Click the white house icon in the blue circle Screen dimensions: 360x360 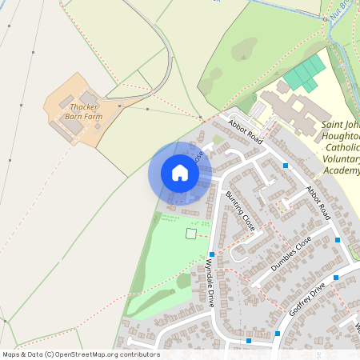[180, 173]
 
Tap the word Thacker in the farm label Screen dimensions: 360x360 [85, 106]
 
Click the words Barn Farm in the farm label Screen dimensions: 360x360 [86, 117]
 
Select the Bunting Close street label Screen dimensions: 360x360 [239, 211]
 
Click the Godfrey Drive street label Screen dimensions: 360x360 [308, 298]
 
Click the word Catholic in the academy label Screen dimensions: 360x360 [339, 148]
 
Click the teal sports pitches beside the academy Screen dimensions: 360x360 [305, 73]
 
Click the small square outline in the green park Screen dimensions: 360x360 [191, 233]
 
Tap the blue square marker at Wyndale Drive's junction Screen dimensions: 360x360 [212, 254]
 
